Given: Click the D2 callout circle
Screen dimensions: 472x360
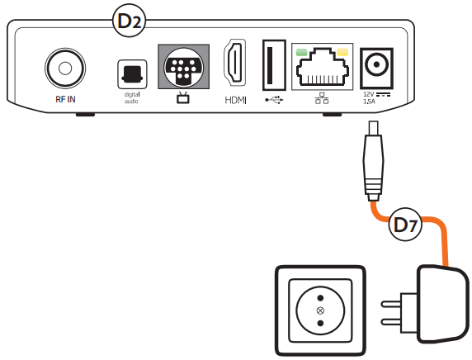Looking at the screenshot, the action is click(129, 21).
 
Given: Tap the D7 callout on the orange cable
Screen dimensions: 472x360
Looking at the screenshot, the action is click(405, 225).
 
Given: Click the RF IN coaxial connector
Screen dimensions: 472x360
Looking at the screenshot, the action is click(65, 69).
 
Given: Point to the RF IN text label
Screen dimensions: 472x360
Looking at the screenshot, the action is click(65, 99).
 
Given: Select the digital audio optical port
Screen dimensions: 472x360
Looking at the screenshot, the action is click(132, 74).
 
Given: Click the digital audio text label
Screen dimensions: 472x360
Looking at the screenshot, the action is click(131, 98).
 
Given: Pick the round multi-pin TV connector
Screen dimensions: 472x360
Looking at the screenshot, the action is click(183, 68).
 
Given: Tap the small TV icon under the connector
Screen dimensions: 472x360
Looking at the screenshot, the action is click(182, 98).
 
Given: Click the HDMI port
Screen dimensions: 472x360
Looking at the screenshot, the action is click(235, 62).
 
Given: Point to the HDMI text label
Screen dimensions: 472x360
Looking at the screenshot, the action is click(235, 100).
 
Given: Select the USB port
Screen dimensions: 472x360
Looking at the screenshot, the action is click(274, 65).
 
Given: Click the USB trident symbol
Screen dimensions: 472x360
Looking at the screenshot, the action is click(274, 100).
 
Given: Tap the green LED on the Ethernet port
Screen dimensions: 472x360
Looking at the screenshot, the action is click(302, 52).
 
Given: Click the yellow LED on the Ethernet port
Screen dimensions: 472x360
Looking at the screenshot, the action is click(342, 52).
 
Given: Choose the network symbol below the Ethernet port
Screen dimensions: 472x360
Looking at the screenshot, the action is click(322, 98).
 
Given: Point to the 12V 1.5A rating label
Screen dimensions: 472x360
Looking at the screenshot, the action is click(376, 98).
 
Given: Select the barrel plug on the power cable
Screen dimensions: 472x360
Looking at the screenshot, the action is click(374, 161).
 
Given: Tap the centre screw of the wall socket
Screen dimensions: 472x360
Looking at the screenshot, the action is click(321, 310).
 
